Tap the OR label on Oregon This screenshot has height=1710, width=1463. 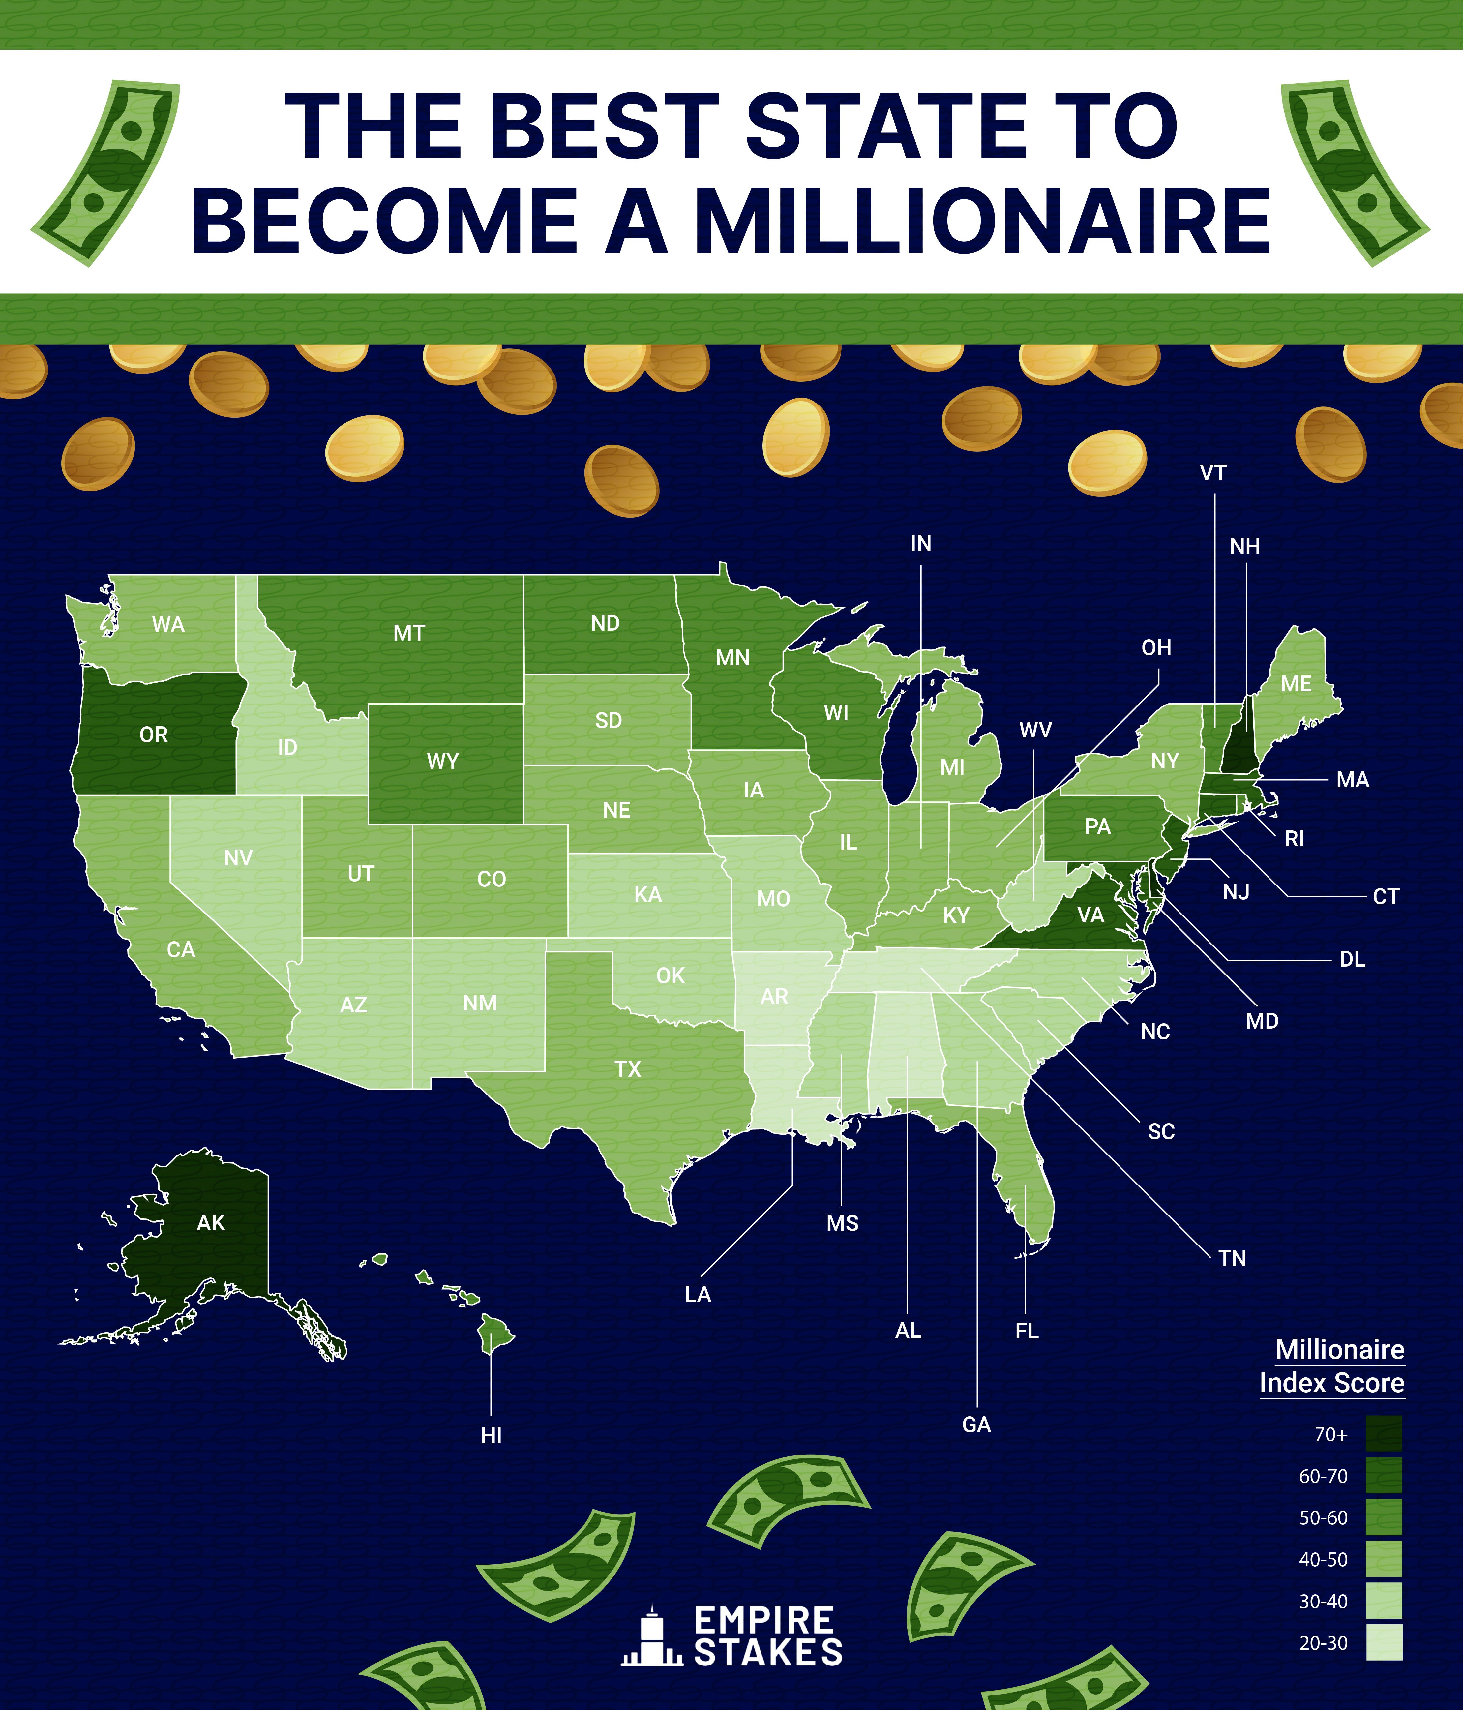point(154,735)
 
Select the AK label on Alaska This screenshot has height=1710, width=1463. point(210,1222)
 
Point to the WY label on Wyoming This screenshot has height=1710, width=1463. point(443,761)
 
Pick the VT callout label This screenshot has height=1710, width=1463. point(1213,473)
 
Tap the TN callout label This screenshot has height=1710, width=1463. point(1232,1259)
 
